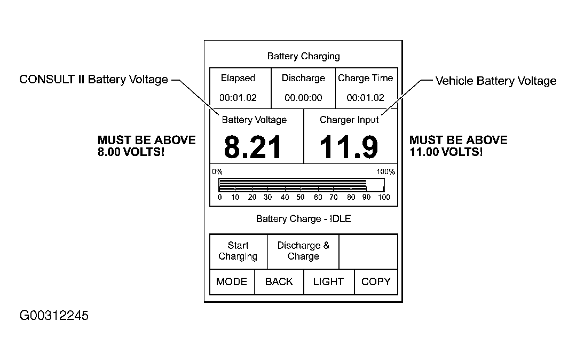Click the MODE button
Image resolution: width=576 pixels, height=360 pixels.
tap(232, 281)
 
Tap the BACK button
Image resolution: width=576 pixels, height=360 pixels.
tap(279, 281)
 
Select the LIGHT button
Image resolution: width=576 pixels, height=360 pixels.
tap(329, 281)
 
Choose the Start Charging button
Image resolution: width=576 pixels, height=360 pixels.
tap(239, 251)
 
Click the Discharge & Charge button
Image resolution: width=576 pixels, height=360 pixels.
tap(303, 251)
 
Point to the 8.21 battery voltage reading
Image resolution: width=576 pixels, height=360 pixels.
tap(253, 147)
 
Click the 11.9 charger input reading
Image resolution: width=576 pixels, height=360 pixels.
tap(349, 147)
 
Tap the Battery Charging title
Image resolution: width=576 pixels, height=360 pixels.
tap(303, 56)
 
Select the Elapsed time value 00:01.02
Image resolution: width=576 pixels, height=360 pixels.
tap(238, 98)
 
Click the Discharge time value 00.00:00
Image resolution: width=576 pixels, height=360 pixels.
tap(303, 98)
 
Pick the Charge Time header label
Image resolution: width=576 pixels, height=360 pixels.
tap(366, 79)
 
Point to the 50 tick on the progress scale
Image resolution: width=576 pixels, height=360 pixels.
tap(301, 198)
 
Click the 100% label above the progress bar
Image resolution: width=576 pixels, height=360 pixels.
tap(385, 172)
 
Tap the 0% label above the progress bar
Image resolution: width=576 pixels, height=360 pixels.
tap(217, 172)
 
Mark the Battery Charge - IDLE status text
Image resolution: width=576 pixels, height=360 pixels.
tap(303, 219)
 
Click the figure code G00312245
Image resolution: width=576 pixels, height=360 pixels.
tap(54, 316)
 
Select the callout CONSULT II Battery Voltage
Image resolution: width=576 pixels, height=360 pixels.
tap(93, 80)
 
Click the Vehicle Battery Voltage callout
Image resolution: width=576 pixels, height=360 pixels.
tap(496, 81)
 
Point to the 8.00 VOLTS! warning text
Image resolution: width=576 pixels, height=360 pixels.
tap(131, 152)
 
